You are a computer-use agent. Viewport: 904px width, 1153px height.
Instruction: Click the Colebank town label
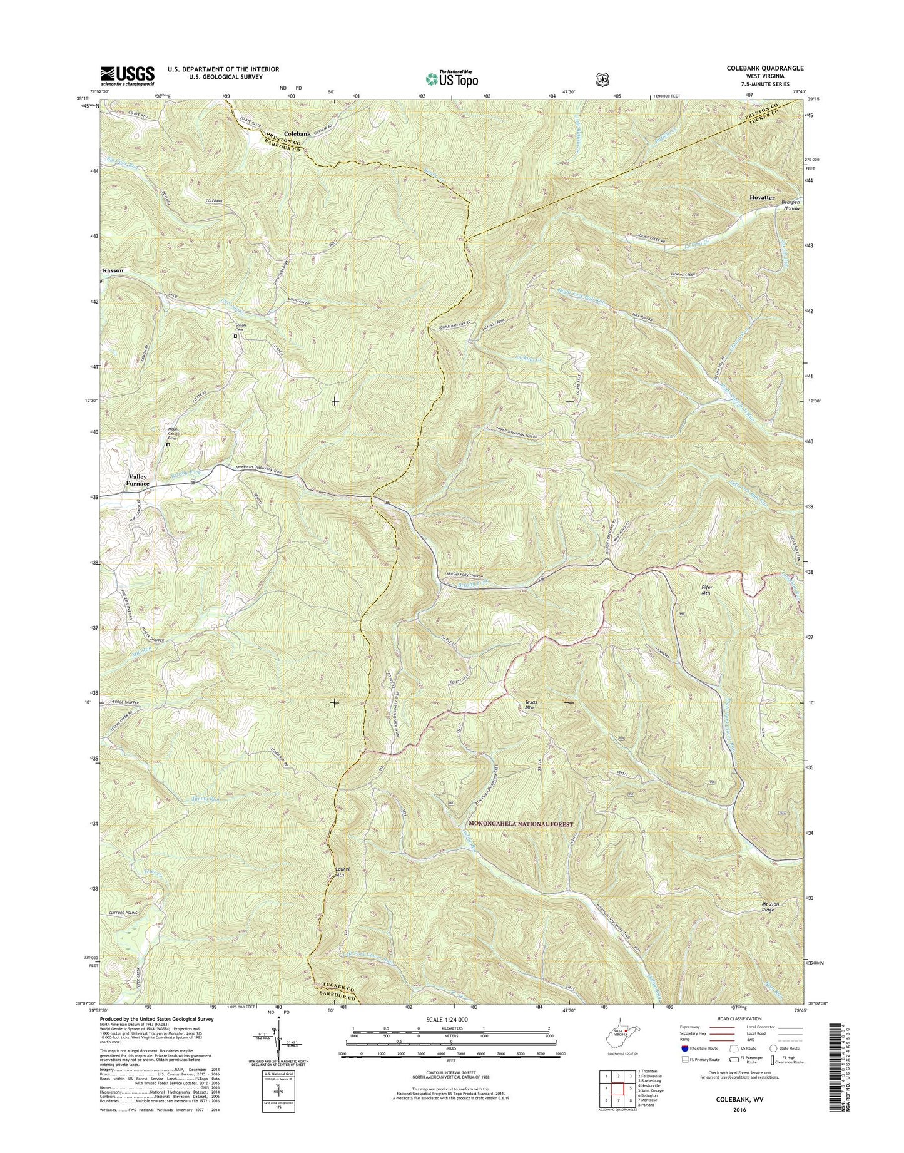click(x=297, y=134)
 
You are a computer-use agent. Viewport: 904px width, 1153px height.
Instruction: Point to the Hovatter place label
click(x=762, y=198)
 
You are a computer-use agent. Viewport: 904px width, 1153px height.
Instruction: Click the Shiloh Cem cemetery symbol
click(x=236, y=336)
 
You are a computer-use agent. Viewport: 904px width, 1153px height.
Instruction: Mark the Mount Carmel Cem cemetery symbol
click(x=167, y=445)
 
